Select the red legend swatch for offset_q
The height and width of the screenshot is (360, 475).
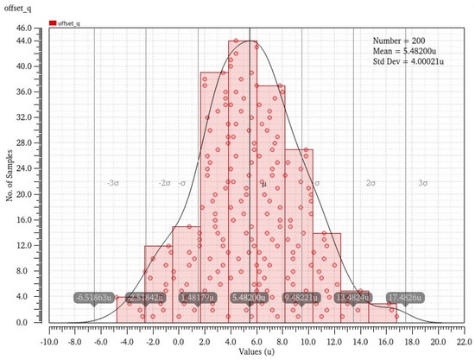pyautogui.click(x=53, y=24)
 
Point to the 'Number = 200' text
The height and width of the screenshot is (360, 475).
pyautogui.click(x=398, y=41)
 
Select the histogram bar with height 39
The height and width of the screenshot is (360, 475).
pyautogui.click(x=214, y=199)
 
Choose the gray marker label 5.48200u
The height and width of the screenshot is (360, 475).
pyautogui.click(x=250, y=298)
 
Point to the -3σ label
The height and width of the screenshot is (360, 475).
pyautogui.click(x=112, y=184)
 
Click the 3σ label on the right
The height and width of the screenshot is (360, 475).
pyautogui.click(x=421, y=184)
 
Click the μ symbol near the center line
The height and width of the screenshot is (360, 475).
pyautogui.click(x=264, y=184)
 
